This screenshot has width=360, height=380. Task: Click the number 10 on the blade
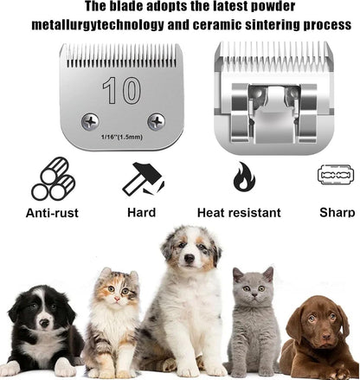pos(112,90)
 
